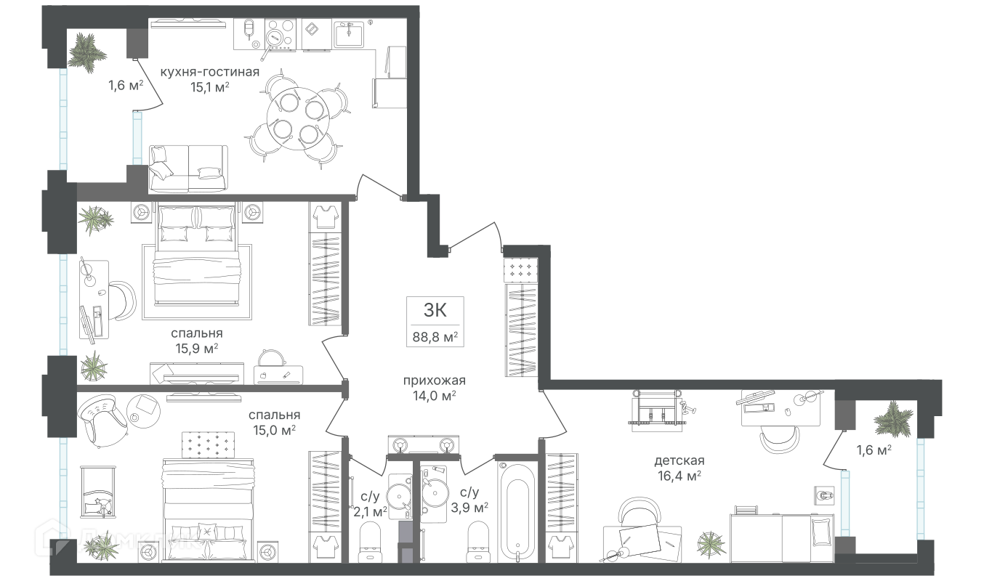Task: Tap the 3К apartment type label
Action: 435,311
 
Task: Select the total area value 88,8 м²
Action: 435,337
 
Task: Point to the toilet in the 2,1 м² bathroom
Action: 371,542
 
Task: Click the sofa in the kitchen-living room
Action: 188,169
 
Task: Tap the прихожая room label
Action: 434,381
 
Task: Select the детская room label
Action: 679,460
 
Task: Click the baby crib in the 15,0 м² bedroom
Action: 99,490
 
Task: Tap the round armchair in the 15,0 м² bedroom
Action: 100,417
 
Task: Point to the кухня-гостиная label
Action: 210,72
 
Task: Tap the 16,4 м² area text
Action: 679,476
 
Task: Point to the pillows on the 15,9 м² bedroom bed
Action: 196,224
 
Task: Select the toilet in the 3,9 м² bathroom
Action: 479,542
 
